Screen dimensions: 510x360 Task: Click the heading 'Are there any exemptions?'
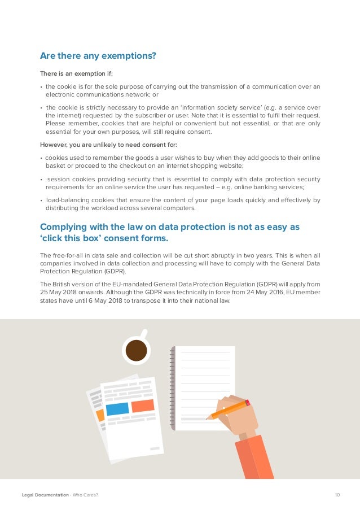tap(98, 56)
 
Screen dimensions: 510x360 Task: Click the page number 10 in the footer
tap(337, 495)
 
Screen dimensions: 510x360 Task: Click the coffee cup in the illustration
tap(136, 350)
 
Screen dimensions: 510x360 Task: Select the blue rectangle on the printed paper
tap(117, 409)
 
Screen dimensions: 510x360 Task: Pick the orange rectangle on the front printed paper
tap(142, 406)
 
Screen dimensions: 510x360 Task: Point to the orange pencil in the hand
tap(229, 409)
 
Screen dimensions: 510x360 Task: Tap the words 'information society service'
tap(215, 107)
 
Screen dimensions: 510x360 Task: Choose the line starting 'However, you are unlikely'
tap(108, 145)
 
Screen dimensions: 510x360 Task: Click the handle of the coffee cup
tap(145, 333)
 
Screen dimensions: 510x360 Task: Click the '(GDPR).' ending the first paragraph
tap(116, 271)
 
